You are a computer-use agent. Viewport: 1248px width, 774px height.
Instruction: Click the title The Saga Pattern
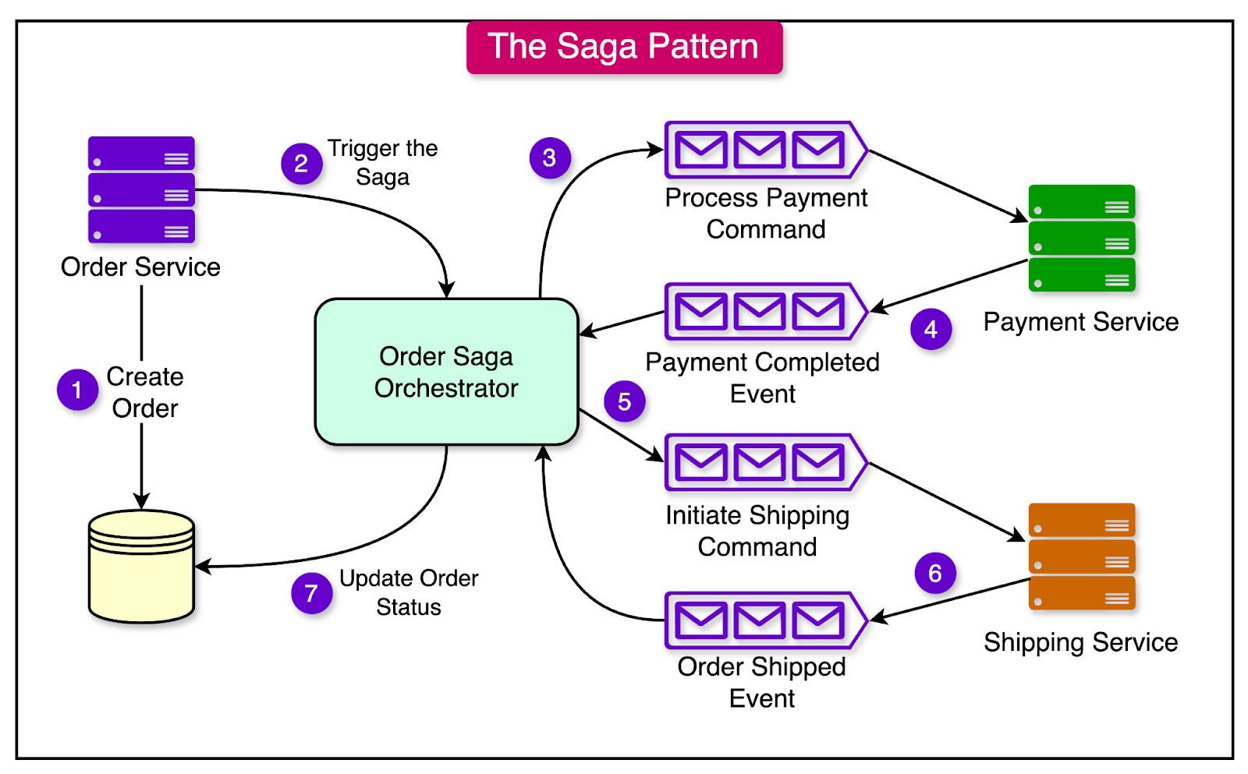(x=624, y=47)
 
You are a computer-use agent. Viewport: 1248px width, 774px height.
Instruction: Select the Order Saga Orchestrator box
(x=446, y=372)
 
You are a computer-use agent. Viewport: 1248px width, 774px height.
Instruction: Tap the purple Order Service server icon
(x=141, y=189)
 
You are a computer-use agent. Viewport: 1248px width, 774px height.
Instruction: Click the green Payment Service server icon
(x=1081, y=238)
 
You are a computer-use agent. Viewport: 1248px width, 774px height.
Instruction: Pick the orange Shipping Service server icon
(x=1081, y=556)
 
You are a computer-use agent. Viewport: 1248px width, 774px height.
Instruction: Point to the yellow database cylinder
(x=141, y=567)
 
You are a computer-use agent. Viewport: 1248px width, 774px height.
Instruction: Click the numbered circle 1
(x=77, y=390)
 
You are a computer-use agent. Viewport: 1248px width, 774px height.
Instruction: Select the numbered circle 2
(x=301, y=164)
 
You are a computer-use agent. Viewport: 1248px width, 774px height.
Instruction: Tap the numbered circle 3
(x=550, y=158)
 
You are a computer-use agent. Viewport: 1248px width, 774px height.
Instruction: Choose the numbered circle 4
(x=931, y=329)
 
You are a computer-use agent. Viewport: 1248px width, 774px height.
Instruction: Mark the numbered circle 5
(x=624, y=401)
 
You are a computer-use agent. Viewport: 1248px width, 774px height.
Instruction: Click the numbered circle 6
(x=934, y=573)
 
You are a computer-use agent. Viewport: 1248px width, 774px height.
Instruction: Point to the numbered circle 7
(x=311, y=593)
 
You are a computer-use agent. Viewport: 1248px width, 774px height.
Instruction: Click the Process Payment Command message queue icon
(x=764, y=150)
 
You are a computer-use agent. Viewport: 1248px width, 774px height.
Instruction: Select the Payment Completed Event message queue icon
(x=764, y=311)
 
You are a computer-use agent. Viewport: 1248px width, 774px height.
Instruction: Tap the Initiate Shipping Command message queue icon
(x=764, y=462)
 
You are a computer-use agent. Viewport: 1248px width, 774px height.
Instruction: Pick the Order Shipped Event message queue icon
(x=764, y=620)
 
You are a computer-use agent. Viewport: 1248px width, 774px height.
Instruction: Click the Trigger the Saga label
(x=382, y=162)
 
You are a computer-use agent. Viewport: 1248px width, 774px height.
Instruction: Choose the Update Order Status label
(x=409, y=592)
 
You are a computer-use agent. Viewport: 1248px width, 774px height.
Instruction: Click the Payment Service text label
(x=1080, y=322)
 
